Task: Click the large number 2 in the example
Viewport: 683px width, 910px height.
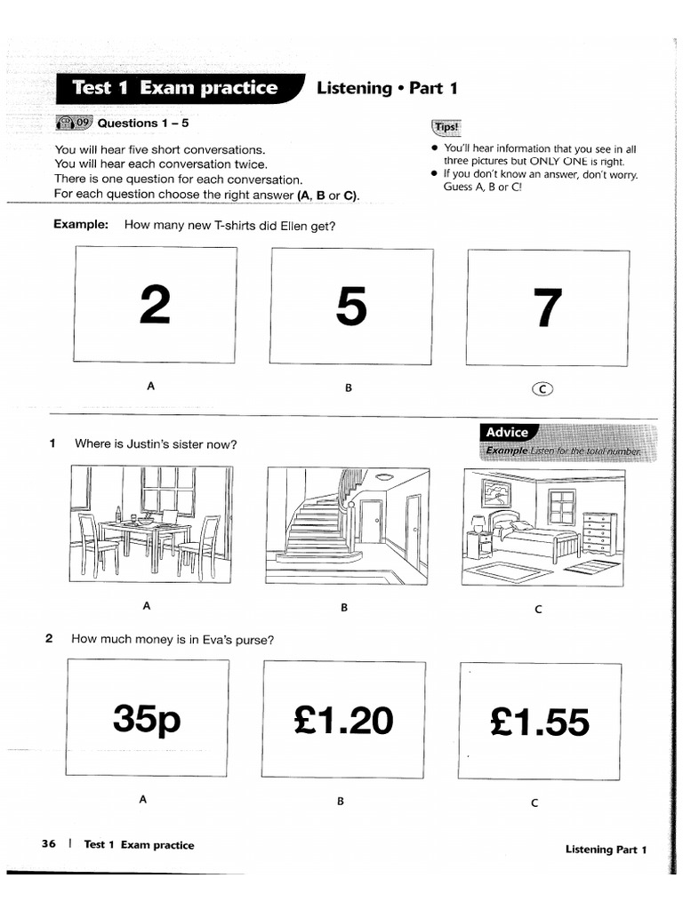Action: [155, 307]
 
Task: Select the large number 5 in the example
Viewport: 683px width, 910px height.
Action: [350, 307]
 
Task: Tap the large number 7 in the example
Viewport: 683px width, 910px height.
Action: [546, 308]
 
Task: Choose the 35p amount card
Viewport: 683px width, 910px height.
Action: [147, 718]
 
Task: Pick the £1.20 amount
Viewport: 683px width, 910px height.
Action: [343, 721]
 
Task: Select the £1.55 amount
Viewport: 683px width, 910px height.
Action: [539, 722]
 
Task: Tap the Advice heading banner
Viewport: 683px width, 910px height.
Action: [508, 432]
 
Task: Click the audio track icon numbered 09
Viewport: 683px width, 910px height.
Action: [73, 123]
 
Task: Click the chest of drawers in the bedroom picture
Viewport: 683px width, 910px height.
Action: [598, 531]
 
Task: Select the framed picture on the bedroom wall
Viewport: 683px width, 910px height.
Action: [496, 492]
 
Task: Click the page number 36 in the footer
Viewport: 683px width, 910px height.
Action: [49, 844]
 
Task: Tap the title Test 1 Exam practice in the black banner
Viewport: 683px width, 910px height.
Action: [174, 88]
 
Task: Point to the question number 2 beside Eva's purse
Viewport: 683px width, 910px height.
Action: [50, 638]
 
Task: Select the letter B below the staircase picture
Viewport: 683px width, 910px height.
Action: [343, 608]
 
